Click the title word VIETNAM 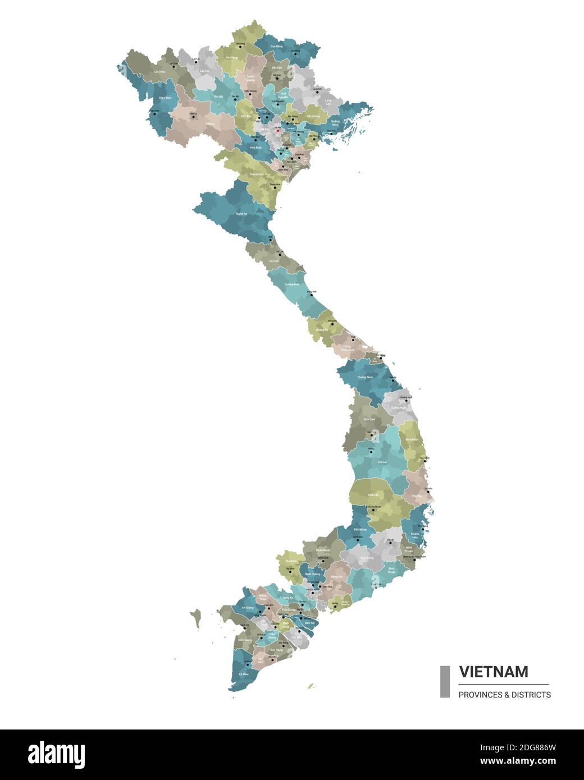click(494, 672)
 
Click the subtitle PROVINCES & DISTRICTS click(504, 695)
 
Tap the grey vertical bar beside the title click(445, 681)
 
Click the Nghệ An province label click(241, 214)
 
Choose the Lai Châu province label click(159, 72)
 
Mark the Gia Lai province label click(382, 462)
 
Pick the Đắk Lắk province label click(373, 495)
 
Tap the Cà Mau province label click(243, 673)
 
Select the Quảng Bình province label click(292, 285)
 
